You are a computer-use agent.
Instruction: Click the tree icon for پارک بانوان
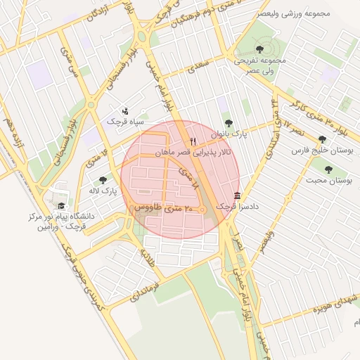227,123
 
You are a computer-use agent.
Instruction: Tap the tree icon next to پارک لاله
103,181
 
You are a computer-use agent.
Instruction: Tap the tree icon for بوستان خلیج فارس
322,139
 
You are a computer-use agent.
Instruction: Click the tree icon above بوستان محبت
328,169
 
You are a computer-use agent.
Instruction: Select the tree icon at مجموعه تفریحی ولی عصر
259,49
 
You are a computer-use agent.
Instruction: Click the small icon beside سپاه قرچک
125,110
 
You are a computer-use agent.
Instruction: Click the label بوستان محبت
328,180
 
